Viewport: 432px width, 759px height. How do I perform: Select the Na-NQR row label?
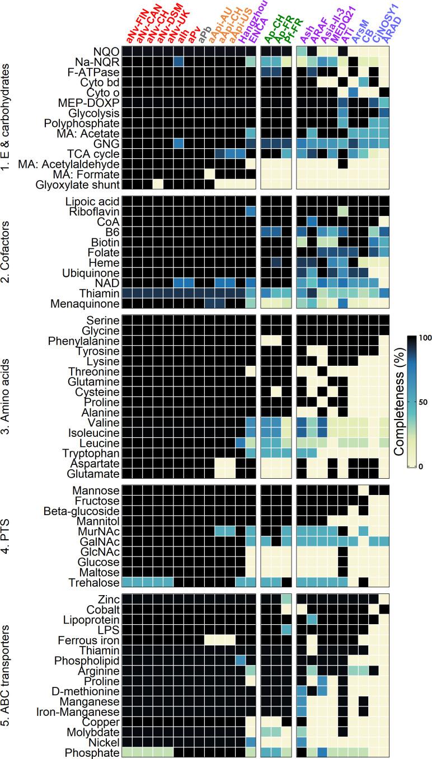pos(98,61)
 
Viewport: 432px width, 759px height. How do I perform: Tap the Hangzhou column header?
pos(252,17)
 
